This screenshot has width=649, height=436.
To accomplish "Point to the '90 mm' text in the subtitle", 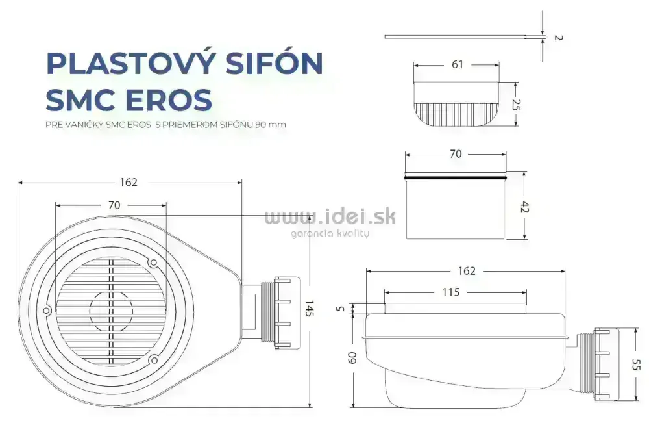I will [x=271, y=124].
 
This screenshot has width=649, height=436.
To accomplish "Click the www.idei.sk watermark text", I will [x=330, y=217].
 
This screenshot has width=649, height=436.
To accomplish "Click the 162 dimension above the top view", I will [x=129, y=183].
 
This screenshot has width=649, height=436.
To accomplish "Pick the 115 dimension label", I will [x=450, y=292].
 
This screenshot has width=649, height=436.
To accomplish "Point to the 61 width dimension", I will [x=457, y=64].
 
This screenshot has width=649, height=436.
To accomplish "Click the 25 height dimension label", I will [x=517, y=105].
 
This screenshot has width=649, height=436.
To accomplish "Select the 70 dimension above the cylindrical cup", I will [x=456, y=154].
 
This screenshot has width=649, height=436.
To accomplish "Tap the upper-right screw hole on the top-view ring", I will [x=153, y=263].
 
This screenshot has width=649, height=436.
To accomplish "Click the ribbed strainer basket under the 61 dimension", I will [x=457, y=113].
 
